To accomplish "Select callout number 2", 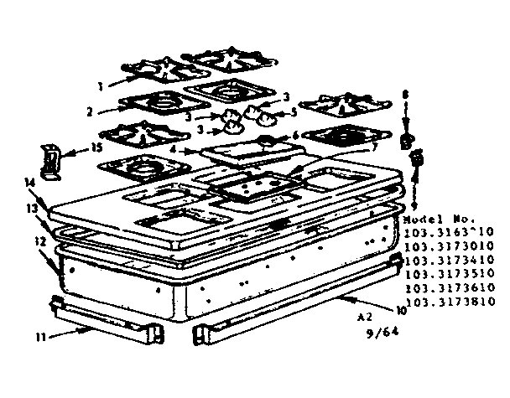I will pos(89,110).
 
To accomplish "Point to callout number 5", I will pos(294,111).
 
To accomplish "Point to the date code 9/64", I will pos(386,332).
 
